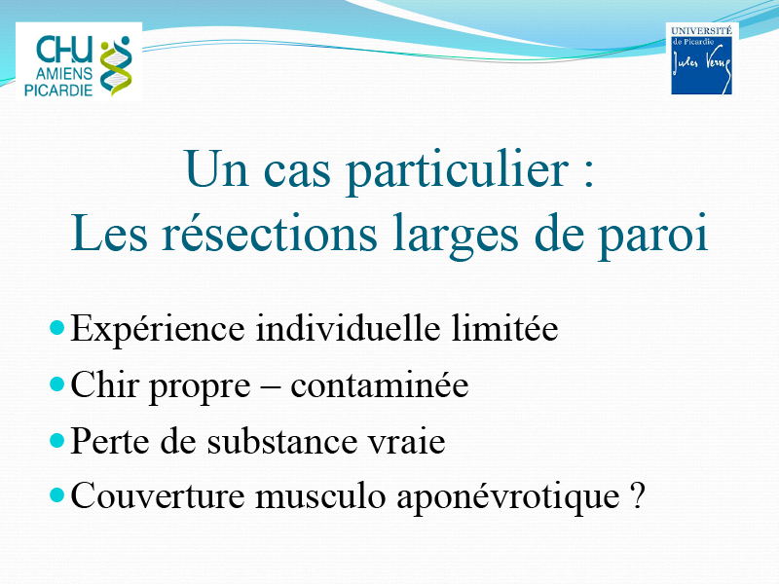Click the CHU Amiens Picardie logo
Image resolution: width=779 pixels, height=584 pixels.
coord(79,62)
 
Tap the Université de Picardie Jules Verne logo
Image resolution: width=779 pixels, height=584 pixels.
coord(701,59)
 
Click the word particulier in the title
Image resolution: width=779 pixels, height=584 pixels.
coord(457,170)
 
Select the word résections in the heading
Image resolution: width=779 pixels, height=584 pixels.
coord(270,234)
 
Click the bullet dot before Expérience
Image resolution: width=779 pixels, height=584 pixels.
coord(57,328)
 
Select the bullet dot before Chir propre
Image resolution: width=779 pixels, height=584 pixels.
coord(57,384)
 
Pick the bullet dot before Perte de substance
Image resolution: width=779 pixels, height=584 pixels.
coord(57,441)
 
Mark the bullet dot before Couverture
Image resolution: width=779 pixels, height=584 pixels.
coord(57,495)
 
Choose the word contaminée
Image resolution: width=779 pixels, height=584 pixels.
coord(379,384)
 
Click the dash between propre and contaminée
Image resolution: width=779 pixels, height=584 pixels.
coord(271,387)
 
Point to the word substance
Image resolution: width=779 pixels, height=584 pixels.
coord(282,440)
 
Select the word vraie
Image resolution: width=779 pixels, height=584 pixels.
coord(406,442)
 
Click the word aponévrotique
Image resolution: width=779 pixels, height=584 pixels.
coord(507,496)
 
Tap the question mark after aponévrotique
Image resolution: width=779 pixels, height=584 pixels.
coord(638,494)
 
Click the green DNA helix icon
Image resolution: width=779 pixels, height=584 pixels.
coord(116,66)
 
